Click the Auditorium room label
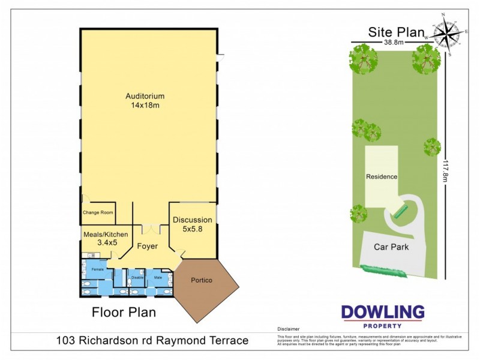(145, 96)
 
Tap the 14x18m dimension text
(145, 106)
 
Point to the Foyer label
(147, 246)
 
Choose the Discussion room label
(193, 220)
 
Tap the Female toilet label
(97, 270)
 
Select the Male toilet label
(158, 278)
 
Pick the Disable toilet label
(137, 278)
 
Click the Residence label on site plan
(382, 177)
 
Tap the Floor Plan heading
(124, 312)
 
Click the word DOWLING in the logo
(383, 312)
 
